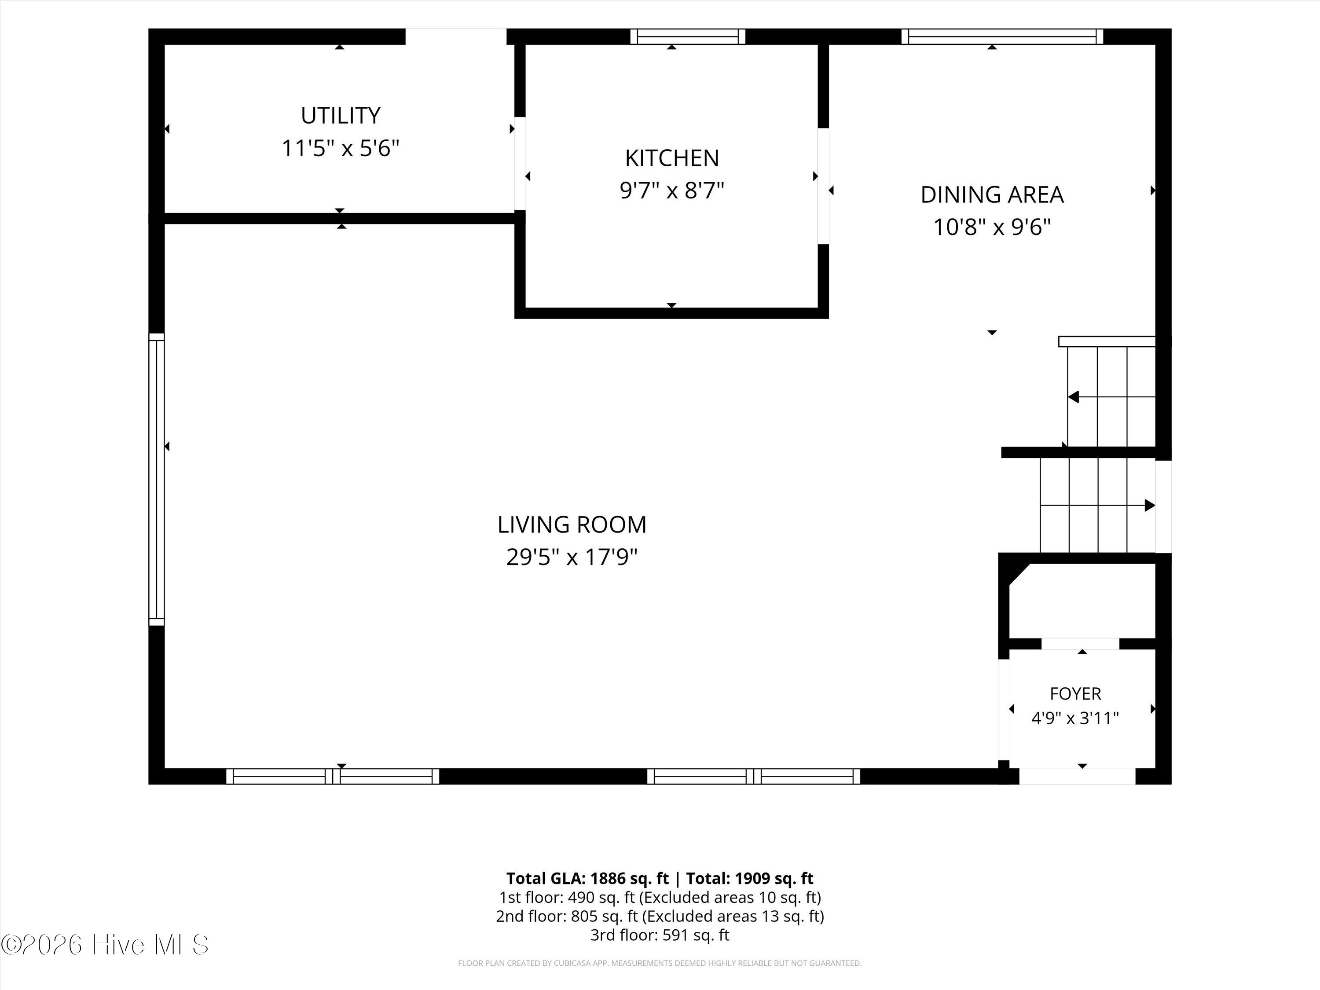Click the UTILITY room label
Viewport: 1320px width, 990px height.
[x=340, y=115]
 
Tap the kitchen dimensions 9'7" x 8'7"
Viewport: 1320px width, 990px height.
[x=672, y=191]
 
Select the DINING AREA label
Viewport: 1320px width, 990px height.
[x=992, y=194]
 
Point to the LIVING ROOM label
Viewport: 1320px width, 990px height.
[x=572, y=524]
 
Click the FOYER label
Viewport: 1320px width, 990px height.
[x=1075, y=693]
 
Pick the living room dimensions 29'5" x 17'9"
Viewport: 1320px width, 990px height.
[x=572, y=557]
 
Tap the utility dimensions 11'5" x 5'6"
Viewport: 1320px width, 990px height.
[x=340, y=148]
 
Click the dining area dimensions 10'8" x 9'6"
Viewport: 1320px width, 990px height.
[x=992, y=227]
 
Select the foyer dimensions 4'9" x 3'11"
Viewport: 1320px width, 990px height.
[x=1075, y=718]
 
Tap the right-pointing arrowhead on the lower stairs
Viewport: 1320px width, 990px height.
[x=1150, y=506]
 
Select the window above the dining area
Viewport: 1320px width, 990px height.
[x=1002, y=37]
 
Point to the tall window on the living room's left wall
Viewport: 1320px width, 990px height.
[x=156, y=479]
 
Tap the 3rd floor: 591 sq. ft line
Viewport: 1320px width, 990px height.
[x=660, y=935]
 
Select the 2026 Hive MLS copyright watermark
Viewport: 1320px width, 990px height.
[x=105, y=945]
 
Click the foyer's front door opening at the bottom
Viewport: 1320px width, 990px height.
[x=1077, y=776]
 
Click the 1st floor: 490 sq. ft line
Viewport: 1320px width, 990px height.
[x=660, y=898]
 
